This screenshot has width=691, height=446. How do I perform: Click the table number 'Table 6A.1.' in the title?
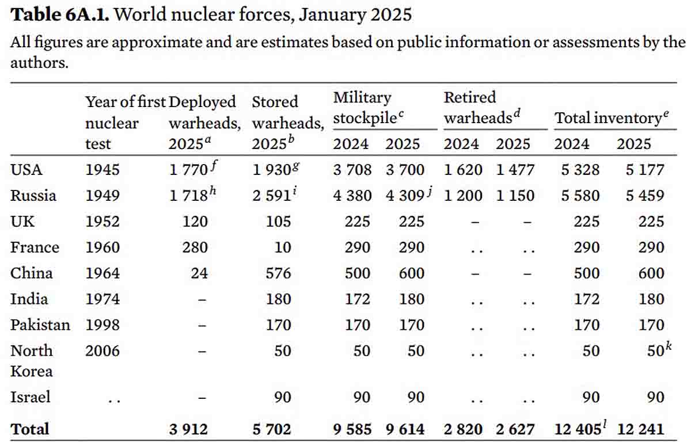(x=60, y=14)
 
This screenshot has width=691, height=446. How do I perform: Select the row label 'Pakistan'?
(x=40, y=325)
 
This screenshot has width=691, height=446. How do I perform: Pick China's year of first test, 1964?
(x=102, y=273)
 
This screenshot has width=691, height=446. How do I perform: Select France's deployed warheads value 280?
(x=195, y=247)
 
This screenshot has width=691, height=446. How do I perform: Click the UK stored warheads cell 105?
(x=279, y=222)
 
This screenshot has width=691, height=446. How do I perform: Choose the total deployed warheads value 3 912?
(x=188, y=429)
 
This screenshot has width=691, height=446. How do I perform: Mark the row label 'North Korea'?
(x=32, y=360)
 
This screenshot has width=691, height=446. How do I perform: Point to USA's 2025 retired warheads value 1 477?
(x=515, y=170)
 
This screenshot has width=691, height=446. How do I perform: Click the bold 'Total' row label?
(x=30, y=429)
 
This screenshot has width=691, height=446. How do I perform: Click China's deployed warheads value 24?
(x=199, y=273)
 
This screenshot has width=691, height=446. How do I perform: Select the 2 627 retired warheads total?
(x=515, y=429)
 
